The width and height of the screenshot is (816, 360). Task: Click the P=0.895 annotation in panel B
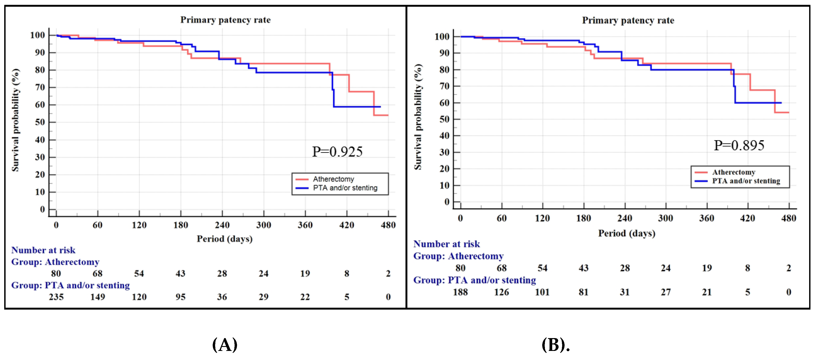(x=739, y=146)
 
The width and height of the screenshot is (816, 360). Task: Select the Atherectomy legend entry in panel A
(x=333, y=179)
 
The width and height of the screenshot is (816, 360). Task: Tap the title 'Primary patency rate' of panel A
(x=226, y=20)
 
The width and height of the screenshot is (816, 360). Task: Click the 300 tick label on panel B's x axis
(x=666, y=218)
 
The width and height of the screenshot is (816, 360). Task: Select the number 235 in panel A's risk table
(x=56, y=297)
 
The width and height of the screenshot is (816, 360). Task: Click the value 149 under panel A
(x=98, y=297)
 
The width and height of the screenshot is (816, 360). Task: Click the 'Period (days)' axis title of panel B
(x=627, y=233)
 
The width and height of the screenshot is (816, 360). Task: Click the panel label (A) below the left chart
(x=225, y=345)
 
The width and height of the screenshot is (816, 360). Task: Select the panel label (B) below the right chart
(x=555, y=345)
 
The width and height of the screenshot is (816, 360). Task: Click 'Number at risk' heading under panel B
(x=446, y=244)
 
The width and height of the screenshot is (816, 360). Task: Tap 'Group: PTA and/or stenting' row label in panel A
(x=70, y=285)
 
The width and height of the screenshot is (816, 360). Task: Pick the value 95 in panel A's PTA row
(x=181, y=297)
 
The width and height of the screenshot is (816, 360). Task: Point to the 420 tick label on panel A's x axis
(x=347, y=225)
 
